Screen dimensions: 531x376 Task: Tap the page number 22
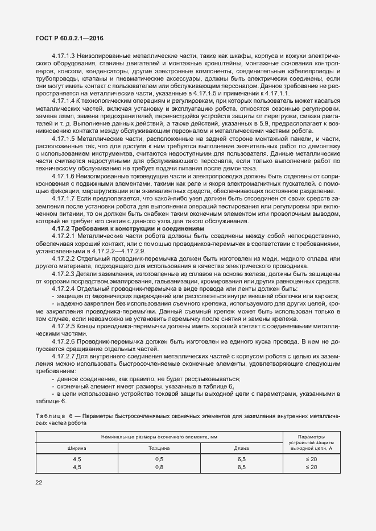click(x=39, y=483)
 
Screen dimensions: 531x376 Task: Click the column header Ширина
click(x=76, y=448)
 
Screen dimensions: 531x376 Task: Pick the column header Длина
click(x=241, y=448)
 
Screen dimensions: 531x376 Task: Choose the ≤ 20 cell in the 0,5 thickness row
click(x=311, y=458)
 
